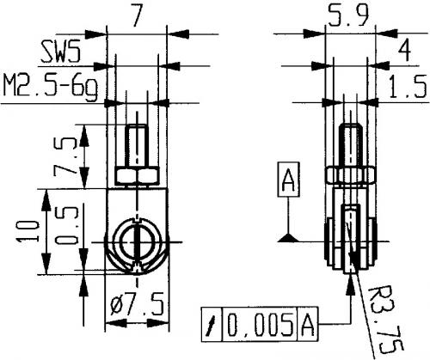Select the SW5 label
60,52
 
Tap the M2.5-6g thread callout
51,86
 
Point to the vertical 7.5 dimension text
64,156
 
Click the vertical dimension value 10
28,231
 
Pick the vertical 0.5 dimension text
66,226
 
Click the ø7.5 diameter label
137,304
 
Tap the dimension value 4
404,50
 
